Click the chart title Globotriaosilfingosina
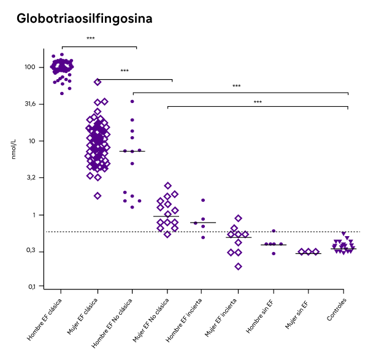[x=85, y=19]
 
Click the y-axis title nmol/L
[x=13, y=149]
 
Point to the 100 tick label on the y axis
[x=30, y=67]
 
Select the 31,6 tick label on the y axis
[x=30, y=104]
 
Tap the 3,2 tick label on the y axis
[x=32, y=177]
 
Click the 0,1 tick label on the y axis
[x=33, y=286]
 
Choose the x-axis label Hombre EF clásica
[x=44, y=320]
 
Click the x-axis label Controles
[x=337, y=309]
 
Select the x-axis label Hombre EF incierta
[x=184, y=320]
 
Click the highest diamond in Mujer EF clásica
[x=98, y=82]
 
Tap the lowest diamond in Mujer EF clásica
[x=98, y=196]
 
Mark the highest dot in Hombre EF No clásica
[x=132, y=101]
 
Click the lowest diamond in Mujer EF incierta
[x=239, y=266]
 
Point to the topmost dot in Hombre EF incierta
[x=203, y=200]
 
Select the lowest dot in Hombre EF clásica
[x=62, y=93]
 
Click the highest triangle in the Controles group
[x=343, y=234]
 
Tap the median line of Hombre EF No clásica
[x=132, y=151]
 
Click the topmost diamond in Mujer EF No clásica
[x=168, y=186]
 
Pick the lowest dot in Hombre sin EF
[x=274, y=253]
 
